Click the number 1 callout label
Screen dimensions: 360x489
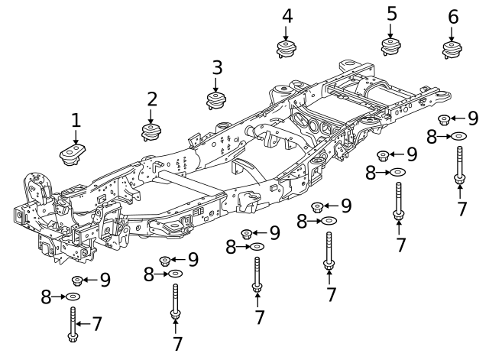(x=76, y=120)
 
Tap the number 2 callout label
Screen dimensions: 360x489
(x=152, y=99)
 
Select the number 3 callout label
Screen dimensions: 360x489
(x=216, y=67)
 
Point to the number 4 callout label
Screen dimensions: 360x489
(x=287, y=15)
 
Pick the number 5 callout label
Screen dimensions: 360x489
(x=391, y=14)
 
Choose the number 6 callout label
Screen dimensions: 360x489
(x=453, y=16)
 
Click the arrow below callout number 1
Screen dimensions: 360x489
(x=76, y=136)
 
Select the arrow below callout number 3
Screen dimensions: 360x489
(x=216, y=84)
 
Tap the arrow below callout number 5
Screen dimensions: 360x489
(x=391, y=31)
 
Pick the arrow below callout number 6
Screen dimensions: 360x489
(x=453, y=33)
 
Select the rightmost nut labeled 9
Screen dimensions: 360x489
(x=444, y=119)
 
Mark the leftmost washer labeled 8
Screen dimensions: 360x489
(x=73, y=296)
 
